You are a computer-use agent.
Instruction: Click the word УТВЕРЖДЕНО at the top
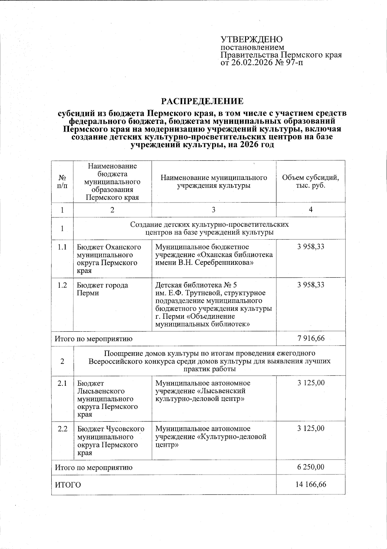point(252,39)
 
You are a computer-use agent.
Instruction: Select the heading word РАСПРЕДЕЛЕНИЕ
point(202,101)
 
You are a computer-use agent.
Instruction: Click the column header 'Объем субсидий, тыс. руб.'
point(310,182)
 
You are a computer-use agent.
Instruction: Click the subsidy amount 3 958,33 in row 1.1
point(311,247)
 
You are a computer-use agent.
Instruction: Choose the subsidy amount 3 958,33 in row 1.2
point(311,285)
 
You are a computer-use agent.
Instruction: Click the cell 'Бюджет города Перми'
point(102,289)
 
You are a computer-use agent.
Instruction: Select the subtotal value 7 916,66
point(311,338)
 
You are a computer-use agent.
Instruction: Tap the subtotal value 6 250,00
point(311,467)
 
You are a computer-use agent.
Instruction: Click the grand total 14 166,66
point(311,484)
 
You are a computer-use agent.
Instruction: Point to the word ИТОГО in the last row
point(68,485)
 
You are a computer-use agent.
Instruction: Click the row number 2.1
point(62,383)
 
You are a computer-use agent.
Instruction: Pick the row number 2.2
point(62,429)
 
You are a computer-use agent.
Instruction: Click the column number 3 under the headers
point(213,210)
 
